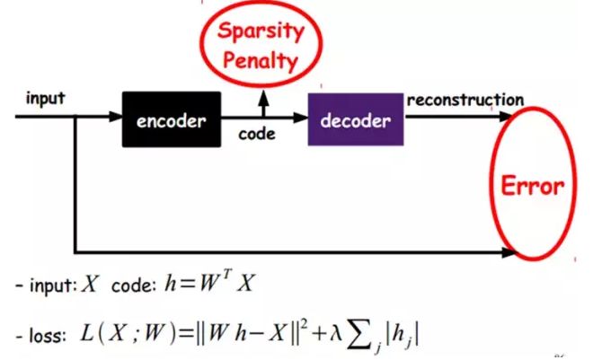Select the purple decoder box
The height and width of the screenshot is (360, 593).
tap(356, 119)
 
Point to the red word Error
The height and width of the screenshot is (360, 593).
tap(532, 186)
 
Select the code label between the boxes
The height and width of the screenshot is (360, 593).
tap(257, 136)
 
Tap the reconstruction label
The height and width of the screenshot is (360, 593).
tap(465, 99)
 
